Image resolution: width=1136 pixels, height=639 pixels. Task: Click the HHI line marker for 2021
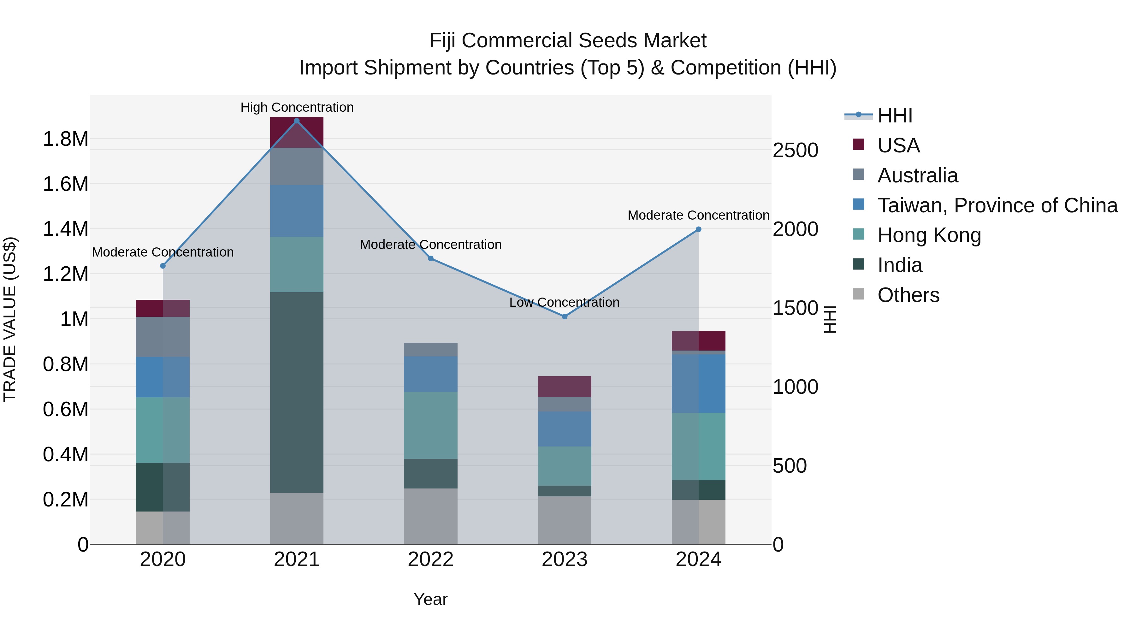[x=297, y=121]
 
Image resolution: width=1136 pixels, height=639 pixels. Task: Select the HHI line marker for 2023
[x=565, y=317]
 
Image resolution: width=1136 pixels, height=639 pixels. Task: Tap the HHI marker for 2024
[x=699, y=229]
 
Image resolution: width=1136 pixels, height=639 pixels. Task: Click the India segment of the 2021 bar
[x=297, y=393]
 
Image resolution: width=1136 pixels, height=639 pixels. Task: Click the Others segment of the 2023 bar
[x=565, y=520]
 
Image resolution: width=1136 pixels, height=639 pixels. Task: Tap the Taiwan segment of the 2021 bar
[x=297, y=211]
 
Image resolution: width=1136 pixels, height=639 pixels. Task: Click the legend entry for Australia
[x=917, y=175]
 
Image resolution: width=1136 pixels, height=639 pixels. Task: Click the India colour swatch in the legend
[x=859, y=265]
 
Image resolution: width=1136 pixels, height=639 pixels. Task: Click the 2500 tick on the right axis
[x=796, y=151]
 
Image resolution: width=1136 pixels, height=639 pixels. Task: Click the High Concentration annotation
[x=297, y=107]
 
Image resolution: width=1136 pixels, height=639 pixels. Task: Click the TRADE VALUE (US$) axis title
[x=10, y=319]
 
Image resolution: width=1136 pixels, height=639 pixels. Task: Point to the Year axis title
[x=430, y=599]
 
